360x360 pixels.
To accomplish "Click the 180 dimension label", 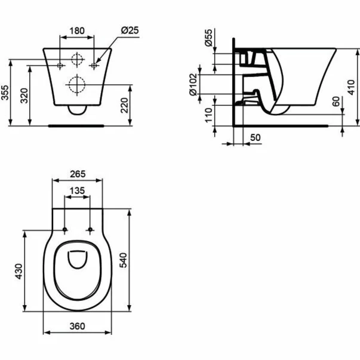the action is [77, 30].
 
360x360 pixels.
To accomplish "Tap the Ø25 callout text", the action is [130, 30].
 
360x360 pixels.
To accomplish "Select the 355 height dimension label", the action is [5, 93].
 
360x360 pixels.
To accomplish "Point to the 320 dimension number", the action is [24, 96].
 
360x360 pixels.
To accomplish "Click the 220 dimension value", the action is [124, 106].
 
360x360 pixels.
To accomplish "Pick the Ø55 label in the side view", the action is [209, 38].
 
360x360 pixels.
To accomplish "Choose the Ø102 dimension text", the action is [193, 84].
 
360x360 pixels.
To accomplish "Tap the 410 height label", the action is [351, 87].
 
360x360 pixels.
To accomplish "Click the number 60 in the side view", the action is [336, 101].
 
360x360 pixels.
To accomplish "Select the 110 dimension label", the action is [209, 115].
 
